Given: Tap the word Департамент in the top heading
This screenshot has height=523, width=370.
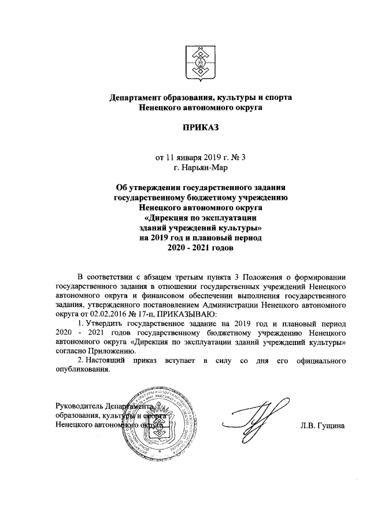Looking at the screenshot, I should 136,97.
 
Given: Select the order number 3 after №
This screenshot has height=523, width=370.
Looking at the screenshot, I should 212,157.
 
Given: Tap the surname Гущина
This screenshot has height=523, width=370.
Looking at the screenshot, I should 332,426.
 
